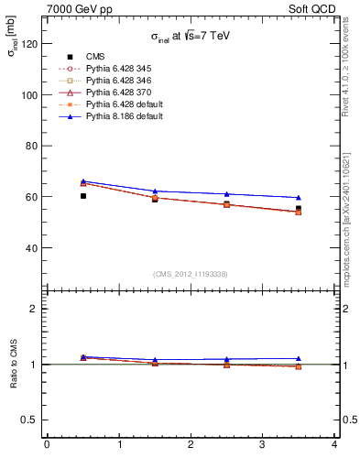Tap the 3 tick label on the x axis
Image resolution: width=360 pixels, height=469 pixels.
pos(262,445)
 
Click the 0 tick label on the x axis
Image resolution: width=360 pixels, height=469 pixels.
pos(47,445)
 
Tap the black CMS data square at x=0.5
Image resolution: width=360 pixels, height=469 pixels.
pos(82,196)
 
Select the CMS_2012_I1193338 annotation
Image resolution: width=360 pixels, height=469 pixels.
pos(190,274)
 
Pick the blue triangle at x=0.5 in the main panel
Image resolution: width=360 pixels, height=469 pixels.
pos(82,181)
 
